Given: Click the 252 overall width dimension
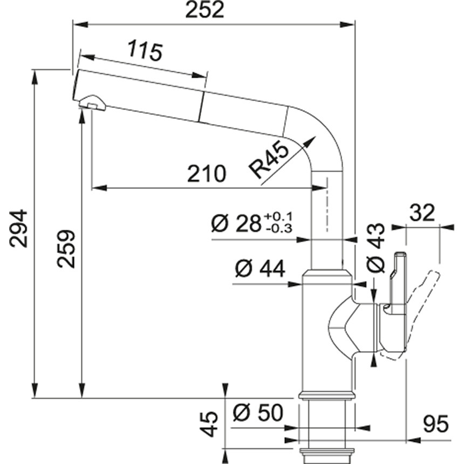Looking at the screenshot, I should (x=204, y=11).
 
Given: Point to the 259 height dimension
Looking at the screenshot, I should (x=67, y=249).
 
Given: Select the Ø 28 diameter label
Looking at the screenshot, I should (x=235, y=223).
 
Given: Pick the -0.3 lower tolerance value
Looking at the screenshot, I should (x=278, y=229).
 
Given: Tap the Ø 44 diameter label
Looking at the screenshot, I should (x=260, y=268).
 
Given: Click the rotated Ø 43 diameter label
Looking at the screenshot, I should (x=376, y=248).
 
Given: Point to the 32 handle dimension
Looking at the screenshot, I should (x=422, y=213).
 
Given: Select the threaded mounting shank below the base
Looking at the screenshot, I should (x=327, y=426).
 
